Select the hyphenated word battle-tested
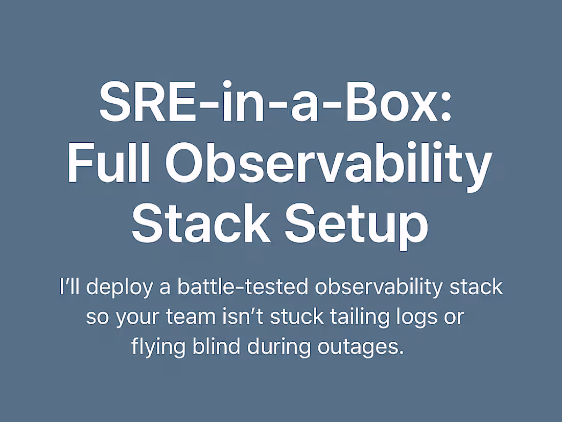(242, 287)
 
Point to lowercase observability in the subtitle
(379, 287)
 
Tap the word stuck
(296, 317)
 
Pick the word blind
(216, 347)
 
